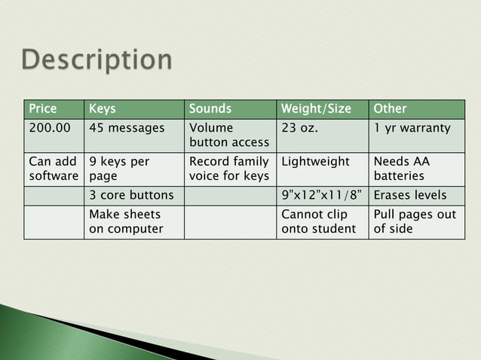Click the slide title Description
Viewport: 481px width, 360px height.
click(x=97, y=60)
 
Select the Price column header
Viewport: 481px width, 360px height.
click(x=43, y=108)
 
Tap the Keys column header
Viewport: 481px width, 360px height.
click(x=103, y=108)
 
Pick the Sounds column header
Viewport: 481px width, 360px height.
click(x=210, y=108)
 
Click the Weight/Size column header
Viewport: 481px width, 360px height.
click(x=316, y=108)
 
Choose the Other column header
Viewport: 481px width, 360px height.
click(x=390, y=108)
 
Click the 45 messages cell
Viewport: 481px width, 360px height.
click(x=127, y=128)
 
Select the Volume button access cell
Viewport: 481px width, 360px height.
click(x=228, y=135)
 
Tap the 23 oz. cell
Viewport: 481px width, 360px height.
click(x=300, y=128)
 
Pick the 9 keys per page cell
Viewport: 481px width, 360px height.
click(x=119, y=169)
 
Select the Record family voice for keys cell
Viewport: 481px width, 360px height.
click(x=228, y=169)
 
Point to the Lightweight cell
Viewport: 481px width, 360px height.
click(x=315, y=162)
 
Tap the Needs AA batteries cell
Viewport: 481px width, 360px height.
click(x=401, y=169)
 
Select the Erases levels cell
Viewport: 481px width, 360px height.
click(x=410, y=195)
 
